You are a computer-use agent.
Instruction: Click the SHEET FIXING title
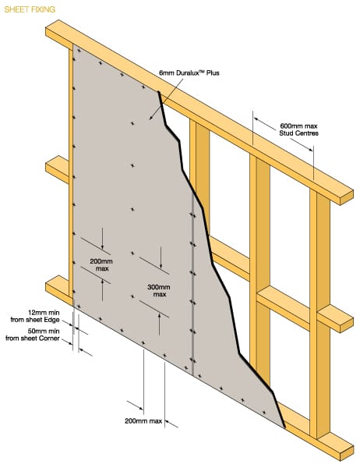30,9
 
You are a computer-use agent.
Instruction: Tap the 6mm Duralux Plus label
189,73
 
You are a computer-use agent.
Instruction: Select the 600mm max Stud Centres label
298,129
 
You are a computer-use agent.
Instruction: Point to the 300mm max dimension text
159,291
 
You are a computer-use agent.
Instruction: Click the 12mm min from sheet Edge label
35,316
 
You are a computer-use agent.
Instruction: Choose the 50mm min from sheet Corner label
33,335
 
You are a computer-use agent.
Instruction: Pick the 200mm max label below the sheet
143,421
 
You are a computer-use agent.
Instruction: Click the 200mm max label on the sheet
101,264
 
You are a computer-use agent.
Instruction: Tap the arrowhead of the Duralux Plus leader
151,118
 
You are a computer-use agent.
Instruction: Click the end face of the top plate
347,197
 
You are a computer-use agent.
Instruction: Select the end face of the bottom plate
347,453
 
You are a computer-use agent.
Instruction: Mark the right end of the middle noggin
347,325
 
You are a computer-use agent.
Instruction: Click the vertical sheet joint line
193,285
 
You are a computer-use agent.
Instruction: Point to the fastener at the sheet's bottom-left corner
79,307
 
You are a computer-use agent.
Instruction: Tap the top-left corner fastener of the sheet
79,51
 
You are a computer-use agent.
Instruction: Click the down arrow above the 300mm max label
161,257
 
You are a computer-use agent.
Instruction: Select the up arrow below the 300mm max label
159,324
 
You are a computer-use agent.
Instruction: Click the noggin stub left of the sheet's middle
57,169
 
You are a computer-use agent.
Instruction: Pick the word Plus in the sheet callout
213,73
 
